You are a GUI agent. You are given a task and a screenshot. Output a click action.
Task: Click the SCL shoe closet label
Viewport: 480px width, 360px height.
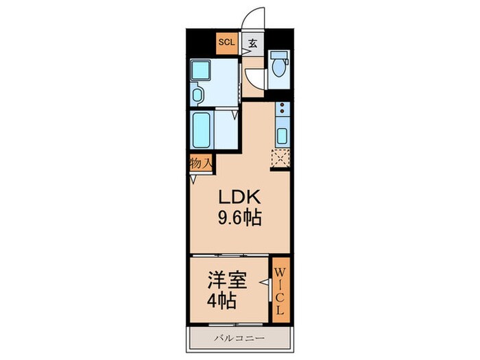pyautogui.click(x=226, y=43)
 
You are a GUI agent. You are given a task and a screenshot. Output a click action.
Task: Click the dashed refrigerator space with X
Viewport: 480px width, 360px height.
pyautogui.click(x=280, y=157)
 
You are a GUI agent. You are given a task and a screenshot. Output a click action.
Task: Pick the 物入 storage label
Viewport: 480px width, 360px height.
pyautogui.click(x=200, y=164)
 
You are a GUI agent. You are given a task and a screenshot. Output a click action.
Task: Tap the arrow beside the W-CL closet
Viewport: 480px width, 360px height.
pyautogui.click(x=262, y=282)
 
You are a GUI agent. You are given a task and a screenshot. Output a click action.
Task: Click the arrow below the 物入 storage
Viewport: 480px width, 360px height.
pyautogui.click(x=193, y=179)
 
